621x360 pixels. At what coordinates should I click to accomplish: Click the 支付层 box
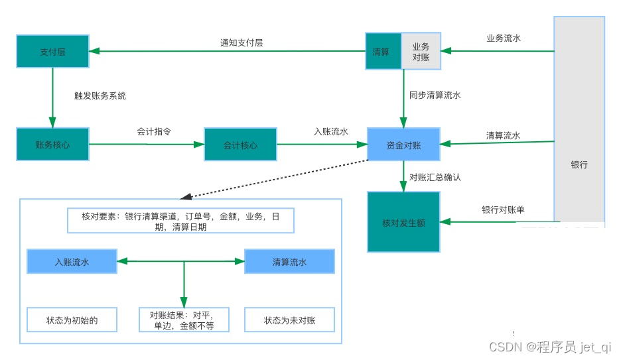[52, 51]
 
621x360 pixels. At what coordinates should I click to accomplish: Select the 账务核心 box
[52, 144]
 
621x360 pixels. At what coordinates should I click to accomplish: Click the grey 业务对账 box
[421, 51]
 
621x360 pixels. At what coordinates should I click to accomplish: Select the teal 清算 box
[381, 51]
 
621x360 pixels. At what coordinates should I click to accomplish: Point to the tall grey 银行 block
[579, 119]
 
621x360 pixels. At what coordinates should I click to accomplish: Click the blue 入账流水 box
[72, 261]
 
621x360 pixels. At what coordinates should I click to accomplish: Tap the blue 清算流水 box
[289, 261]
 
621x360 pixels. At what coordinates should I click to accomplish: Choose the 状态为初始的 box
[72, 320]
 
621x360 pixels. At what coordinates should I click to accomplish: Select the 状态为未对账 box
[289, 320]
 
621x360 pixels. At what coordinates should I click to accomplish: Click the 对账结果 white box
[184, 320]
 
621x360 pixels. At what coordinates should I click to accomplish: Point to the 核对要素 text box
[180, 221]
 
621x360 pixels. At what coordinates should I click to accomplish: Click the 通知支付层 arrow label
[241, 43]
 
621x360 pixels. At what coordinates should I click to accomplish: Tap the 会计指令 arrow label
[154, 131]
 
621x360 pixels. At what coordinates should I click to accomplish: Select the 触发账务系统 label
[100, 95]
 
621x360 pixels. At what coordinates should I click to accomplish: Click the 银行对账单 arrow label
[503, 210]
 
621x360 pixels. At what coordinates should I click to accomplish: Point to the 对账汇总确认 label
[435, 178]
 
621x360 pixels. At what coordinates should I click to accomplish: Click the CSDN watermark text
[549, 347]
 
